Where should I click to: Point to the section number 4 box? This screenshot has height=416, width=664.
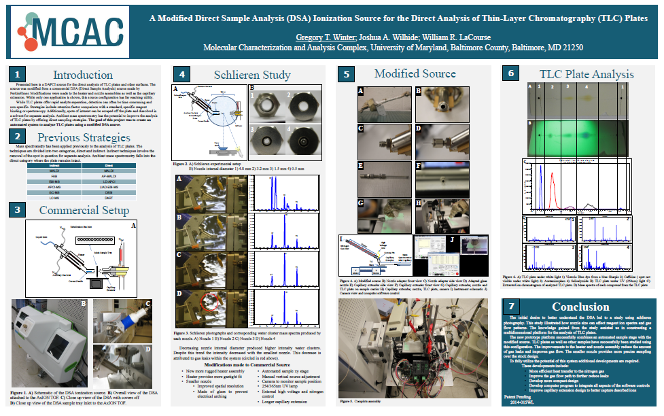click(181, 74)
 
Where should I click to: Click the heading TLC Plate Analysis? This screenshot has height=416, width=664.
click(586, 74)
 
